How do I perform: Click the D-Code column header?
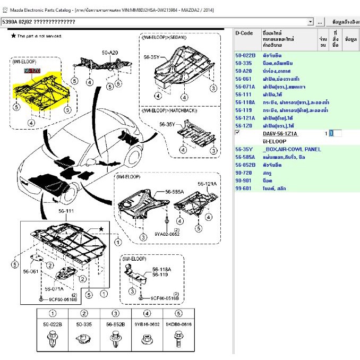point(245,33)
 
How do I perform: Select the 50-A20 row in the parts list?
point(244,71)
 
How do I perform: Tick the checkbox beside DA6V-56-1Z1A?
point(237,133)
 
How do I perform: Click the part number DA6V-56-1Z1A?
point(280,134)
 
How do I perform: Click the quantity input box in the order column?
point(335,133)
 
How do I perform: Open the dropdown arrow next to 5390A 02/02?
point(311,22)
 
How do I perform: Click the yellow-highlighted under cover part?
point(40,92)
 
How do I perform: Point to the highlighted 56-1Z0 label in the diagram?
point(31,71)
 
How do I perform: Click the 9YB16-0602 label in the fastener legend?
point(147,323)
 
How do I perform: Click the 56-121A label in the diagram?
point(208,184)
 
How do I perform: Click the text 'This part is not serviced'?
point(40,36)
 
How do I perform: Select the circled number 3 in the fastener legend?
point(115,313)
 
